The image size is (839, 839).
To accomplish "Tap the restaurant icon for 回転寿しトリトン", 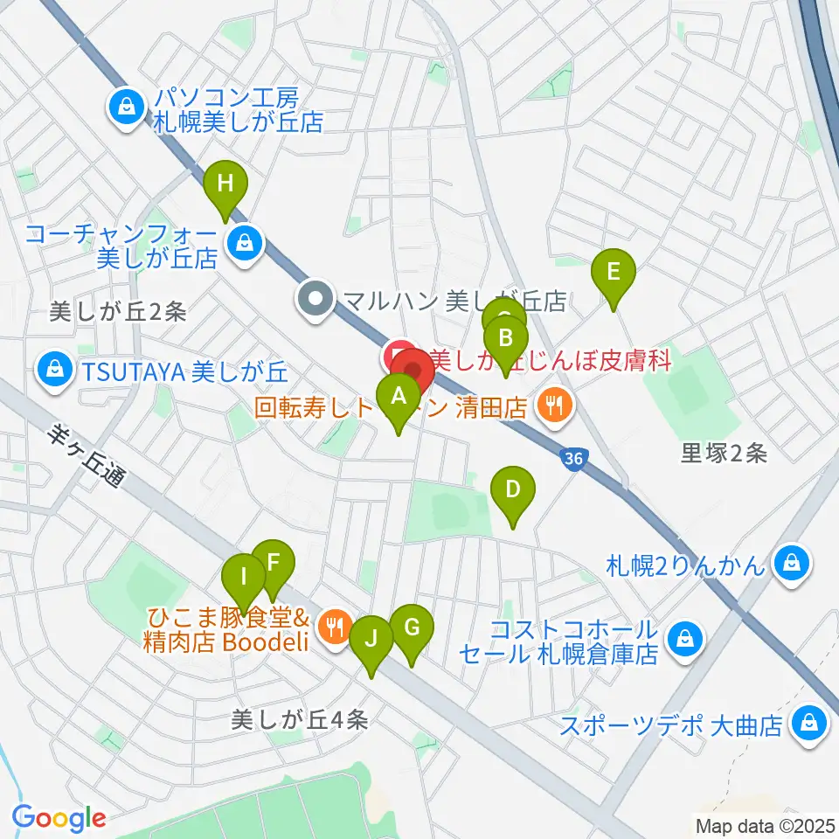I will [x=552, y=405].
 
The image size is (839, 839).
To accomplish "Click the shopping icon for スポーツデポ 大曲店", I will [x=808, y=725].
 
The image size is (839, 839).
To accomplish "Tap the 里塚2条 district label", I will [x=725, y=453].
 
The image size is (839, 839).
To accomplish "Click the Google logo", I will [x=59, y=818].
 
